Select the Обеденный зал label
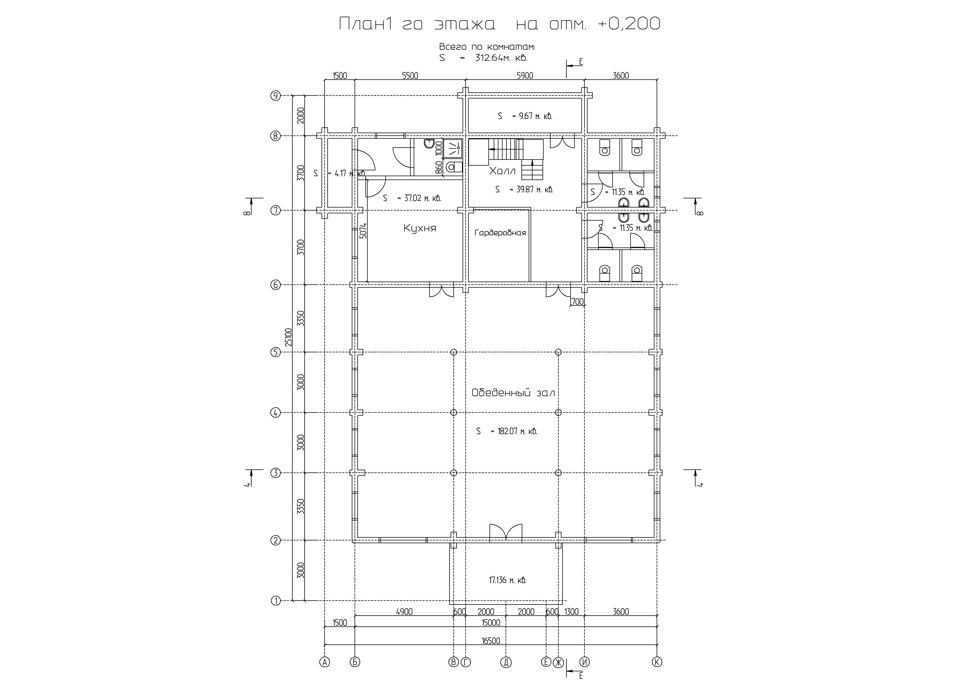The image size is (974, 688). coord(513,393)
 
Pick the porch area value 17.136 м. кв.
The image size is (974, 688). coord(508,580)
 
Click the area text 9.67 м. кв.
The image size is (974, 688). coord(532,116)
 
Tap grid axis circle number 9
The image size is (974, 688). coord(276,96)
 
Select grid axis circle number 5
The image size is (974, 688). coord(276,352)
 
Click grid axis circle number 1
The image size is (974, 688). coord(276,601)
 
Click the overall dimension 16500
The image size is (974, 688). coord(491,641)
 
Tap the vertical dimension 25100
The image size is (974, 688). coord(289,337)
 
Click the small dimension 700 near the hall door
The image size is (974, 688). coord(578,302)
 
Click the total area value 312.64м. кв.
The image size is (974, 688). coord(501,58)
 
